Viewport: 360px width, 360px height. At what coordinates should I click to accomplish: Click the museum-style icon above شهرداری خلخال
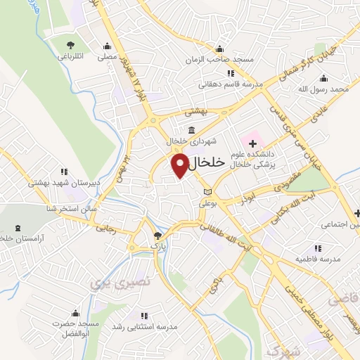click(191, 129)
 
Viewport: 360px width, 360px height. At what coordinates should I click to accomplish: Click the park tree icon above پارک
click(157, 236)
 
